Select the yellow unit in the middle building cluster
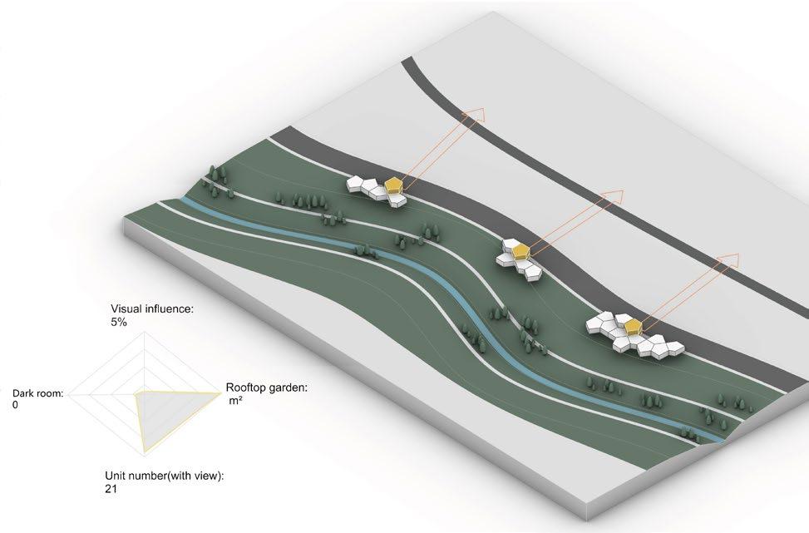coord(519,249)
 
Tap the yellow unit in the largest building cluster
coord(634,325)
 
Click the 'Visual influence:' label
coord(151,308)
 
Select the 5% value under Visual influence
coord(118,321)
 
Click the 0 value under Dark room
coord(15,404)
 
